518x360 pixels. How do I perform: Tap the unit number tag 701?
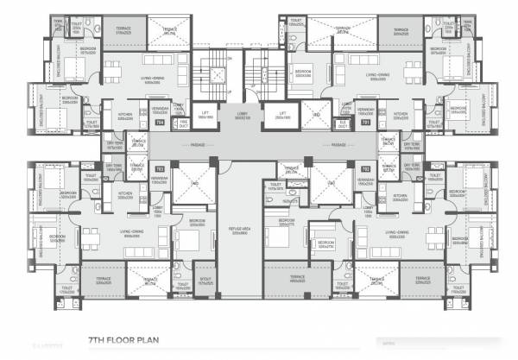coord(365,123)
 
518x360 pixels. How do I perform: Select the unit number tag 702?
coord(365,168)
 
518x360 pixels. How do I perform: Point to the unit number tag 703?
coord(159,168)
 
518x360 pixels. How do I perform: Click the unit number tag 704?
coord(159,123)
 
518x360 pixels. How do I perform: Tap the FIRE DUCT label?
coord(184,123)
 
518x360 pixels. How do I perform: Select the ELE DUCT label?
coord(342,123)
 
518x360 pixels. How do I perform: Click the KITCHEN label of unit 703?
coord(126,193)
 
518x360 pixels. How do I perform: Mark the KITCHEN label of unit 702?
coord(399,196)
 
